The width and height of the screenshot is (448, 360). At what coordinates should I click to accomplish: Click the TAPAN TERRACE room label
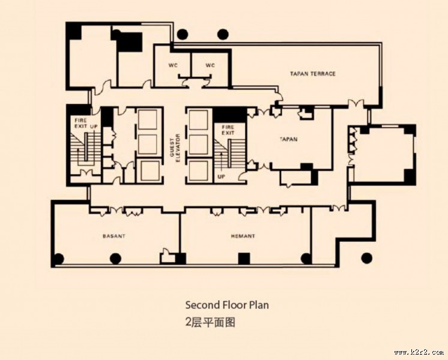[x=313, y=74]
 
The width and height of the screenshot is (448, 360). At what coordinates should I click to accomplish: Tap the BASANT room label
[x=114, y=236]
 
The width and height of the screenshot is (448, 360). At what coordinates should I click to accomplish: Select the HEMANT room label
[x=243, y=236]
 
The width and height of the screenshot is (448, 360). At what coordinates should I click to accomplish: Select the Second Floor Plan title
[x=227, y=305]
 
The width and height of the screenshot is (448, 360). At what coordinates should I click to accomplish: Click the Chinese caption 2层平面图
[x=210, y=322]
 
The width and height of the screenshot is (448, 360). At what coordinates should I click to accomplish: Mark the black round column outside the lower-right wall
[x=366, y=258]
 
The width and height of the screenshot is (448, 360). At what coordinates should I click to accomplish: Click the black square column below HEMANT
[x=243, y=259]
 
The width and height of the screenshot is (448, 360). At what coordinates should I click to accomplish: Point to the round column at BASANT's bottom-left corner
[x=58, y=259]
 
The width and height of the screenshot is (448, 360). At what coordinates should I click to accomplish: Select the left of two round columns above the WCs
[x=183, y=34]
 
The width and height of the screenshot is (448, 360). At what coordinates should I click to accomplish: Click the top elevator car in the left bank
[x=147, y=119]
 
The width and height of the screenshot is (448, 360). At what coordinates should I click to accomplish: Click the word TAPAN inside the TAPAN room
[x=289, y=139]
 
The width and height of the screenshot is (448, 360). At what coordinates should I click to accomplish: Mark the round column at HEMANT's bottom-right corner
[x=306, y=259]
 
